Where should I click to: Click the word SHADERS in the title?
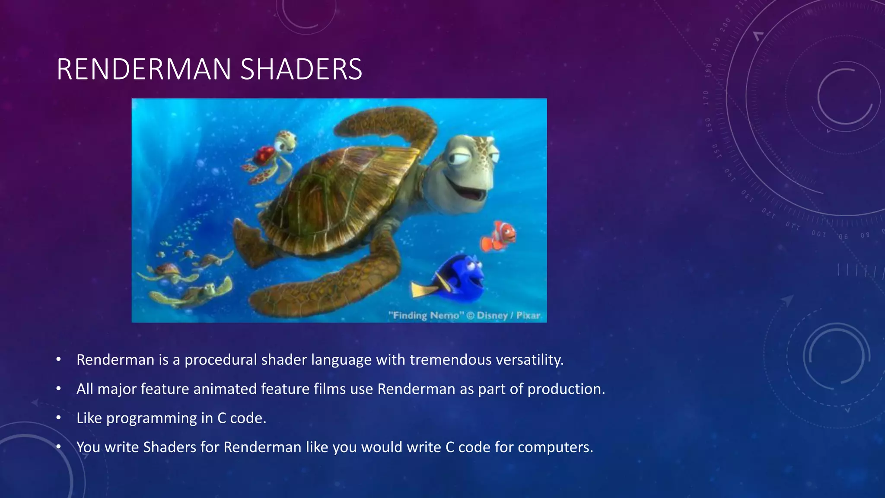pyautogui.click(x=301, y=69)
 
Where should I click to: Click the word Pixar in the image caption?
pyautogui.click(x=528, y=315)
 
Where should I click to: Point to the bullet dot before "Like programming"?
pyautogui.click(x=59, y=418)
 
